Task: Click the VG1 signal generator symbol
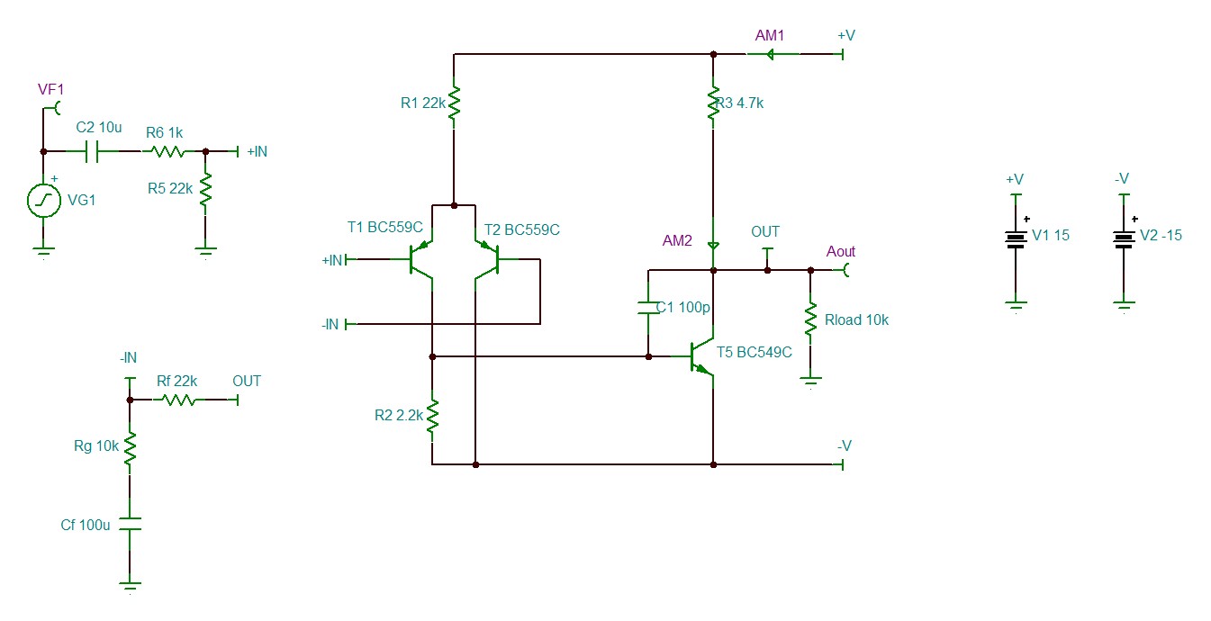(x=44, y=201)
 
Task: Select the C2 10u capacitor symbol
(x=92, y=151)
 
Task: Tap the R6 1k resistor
(x=168, y=152)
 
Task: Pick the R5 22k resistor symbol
(x=205, y=189)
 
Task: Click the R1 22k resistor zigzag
(x=454, y=102)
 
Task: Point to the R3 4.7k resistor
(x=713, y=102)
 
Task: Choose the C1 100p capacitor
(x=648, y=308)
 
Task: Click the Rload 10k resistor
(x=810, y=320)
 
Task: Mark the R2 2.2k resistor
(x=432, y=416)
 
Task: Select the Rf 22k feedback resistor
(x=179, y=400)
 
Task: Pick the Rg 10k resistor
(x=130, y=448)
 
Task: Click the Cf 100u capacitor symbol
(x=130, y=524)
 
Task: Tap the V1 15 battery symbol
(x=1016, y=239)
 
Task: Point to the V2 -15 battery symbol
(x=1124, y=239)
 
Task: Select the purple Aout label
(x=841, y=251)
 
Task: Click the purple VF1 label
(x=50, y=89)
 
